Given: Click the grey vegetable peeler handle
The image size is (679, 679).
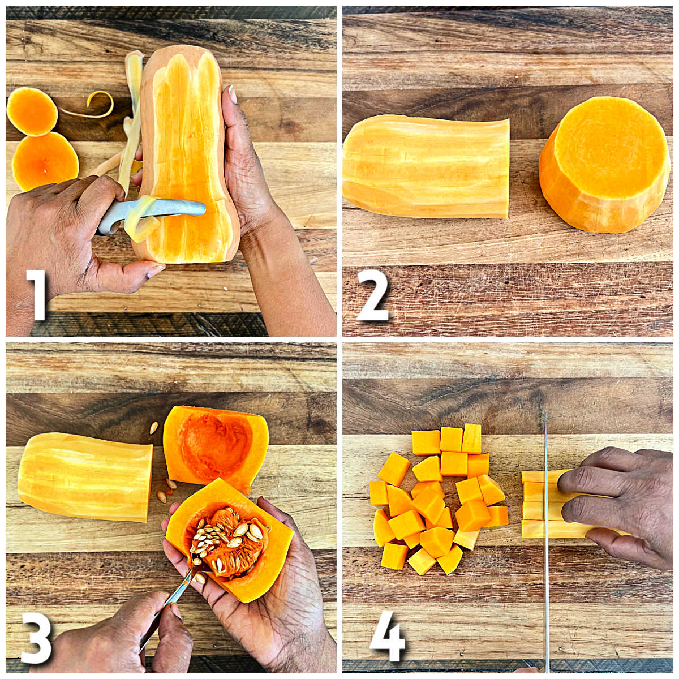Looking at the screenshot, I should pos(122,215).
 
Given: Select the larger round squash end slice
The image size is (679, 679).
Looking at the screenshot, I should pos(45,161).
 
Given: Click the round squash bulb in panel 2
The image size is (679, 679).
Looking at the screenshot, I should pos(604,164).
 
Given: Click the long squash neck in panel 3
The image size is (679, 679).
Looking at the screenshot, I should pos(85,476).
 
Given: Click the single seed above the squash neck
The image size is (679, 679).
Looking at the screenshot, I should pos(153,428).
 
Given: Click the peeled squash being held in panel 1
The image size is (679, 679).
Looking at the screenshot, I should pos(187,158).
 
